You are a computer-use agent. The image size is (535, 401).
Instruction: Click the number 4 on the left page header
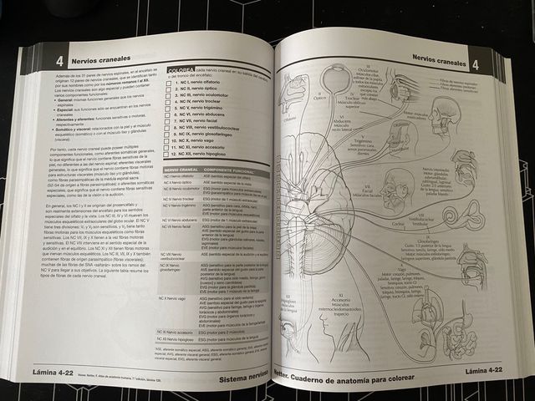(x=59, y=62)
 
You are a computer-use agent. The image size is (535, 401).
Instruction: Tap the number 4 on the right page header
(x=474, y=64)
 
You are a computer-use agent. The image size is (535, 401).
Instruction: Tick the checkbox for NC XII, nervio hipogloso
(x=167, y=155)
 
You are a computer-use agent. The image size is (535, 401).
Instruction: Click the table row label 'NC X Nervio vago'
(x=177, y=297)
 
